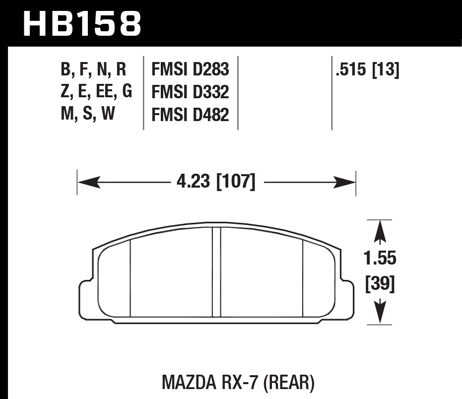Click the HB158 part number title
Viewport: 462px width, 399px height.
[x=82, y=23]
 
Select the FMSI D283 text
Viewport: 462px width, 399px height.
[x=190, y=70]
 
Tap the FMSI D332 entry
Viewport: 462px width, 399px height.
[x=190, y=92]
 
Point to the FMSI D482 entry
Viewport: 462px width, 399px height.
[x=190, y=115]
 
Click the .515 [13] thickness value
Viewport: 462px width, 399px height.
[x=367, y=70]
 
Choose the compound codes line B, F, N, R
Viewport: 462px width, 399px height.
[x=93, y=70]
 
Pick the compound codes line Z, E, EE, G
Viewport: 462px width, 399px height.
[x=96, y=92]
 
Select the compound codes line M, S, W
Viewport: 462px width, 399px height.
[x=87, y=115]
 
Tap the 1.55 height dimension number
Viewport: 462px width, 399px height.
[x=380, y=259]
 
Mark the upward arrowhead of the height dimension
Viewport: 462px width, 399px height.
[x=380, y=231]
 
